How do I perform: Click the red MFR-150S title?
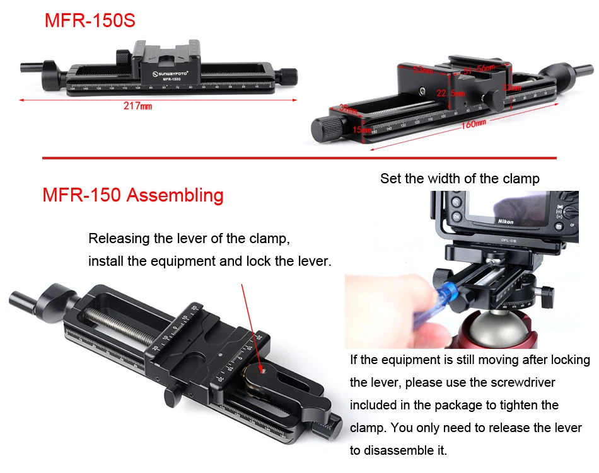(x=90, y=21)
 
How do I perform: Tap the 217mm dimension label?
(x=137, y=106)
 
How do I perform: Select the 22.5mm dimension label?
(x=450, y=93)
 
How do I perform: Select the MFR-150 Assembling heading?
(x=133, y=195)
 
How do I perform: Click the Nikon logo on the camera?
(x=505, y=222)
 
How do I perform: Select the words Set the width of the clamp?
(x=460, y=179)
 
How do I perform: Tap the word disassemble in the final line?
(x=405, y=450)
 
